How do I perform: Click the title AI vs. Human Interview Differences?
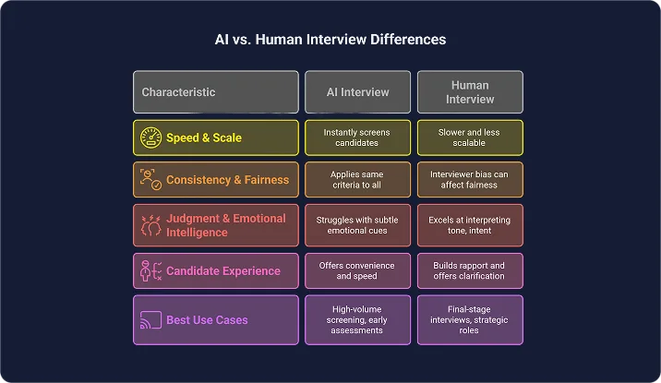point(330,40)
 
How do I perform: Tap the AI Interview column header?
point(358,92)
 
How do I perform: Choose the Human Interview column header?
point(470,92)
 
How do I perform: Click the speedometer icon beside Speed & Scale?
point(150,138)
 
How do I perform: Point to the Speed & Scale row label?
point(203,138)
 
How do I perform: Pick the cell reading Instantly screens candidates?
point(358,138)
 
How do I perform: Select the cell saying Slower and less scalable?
point(470,138)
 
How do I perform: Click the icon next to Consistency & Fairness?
point(150,179)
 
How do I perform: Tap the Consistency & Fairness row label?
point(227,180)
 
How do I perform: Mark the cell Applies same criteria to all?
point(358,179)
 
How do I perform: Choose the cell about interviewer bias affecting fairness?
point(470,179)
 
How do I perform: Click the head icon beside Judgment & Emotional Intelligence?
point(150,225)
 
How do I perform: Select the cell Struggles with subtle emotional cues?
point(358,225)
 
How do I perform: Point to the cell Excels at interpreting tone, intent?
point(470,225)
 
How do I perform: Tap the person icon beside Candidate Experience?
point(150,271)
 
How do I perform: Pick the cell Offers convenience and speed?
point(358,271)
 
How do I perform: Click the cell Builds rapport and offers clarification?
point(470,271)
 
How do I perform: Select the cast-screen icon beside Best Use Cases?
point(150,319)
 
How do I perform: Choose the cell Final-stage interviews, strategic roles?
point(470,319)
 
